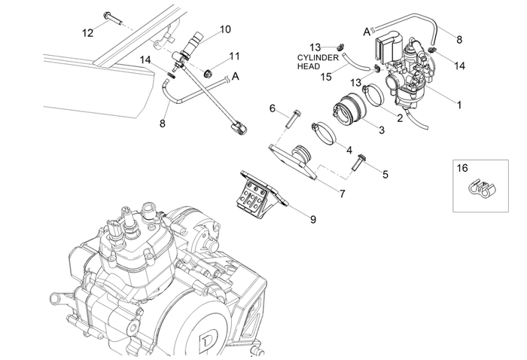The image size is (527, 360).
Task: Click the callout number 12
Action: pos(88,32)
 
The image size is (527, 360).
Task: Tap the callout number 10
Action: pos(225,29)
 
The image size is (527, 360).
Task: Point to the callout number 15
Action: pos(325,77)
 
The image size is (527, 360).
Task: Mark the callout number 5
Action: pos(385,174)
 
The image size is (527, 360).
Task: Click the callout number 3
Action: pos(382,130)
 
